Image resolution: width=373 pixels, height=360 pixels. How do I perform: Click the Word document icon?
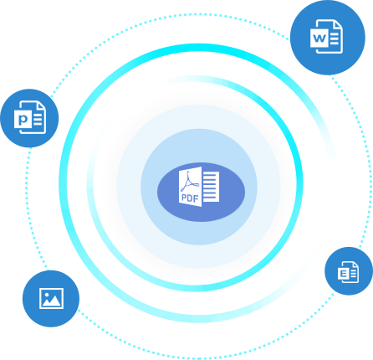(326, 36)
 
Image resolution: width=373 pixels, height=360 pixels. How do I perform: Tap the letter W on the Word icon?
(319, 38)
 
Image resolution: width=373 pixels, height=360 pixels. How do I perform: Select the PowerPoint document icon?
(30, 117)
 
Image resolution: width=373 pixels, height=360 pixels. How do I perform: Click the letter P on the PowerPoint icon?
(23, 120)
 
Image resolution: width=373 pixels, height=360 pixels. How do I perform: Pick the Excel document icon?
(348, 272)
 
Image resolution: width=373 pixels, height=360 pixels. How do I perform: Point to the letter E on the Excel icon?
(343, 274)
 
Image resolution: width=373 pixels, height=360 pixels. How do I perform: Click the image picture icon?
(51, 298)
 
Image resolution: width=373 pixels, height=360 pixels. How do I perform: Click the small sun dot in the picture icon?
(47, 294)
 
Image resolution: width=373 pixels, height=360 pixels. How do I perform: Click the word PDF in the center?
(190, 198)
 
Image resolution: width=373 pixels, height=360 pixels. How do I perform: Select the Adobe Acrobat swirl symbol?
(190, 182)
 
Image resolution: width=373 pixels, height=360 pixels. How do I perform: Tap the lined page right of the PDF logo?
(211, 187)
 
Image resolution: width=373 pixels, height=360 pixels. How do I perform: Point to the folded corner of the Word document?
(338, 24)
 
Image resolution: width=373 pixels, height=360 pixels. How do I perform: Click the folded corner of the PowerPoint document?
(42, 106)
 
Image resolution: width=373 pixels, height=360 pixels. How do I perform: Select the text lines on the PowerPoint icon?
(38, 119)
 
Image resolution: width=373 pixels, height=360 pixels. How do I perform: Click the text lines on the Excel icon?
(354, 274)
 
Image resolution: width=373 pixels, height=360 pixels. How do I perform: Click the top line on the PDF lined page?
(211, 175)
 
